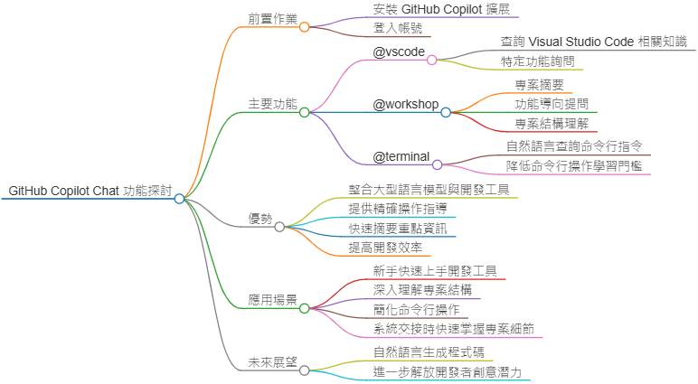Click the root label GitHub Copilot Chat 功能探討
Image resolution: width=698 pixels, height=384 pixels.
pyautogui.click(x=90, y=191)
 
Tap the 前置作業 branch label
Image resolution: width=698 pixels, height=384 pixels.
pyautogui.click(x=272, y=19)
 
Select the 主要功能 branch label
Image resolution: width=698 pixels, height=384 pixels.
pyautogui.click(x=272, y=105)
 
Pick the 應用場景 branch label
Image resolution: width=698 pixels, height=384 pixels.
pyautogui.click(x=272, y=300)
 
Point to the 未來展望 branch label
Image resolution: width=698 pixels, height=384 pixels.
pyautogui.click(x=272, y=362)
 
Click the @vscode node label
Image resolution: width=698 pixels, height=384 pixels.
pyautogui.click(x=399, y=52)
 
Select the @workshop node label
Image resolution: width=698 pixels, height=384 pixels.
pyautogui.click(x=406, y=104)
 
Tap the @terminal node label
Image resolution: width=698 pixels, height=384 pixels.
pyautogui.click(x=401, y=156)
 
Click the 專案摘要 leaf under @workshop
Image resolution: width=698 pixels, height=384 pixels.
pyautogui.click(x=539, y=85)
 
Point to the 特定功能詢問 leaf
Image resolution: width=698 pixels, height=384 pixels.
pyautogui.click(x=537, y=61)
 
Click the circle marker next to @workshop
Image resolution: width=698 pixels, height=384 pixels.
pyautogui.click(x=446, y=112)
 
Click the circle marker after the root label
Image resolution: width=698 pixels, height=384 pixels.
pyautogui.click(x=180, y=198)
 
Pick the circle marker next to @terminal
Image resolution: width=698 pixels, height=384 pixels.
pyautogui.click(x=438, y=164)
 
